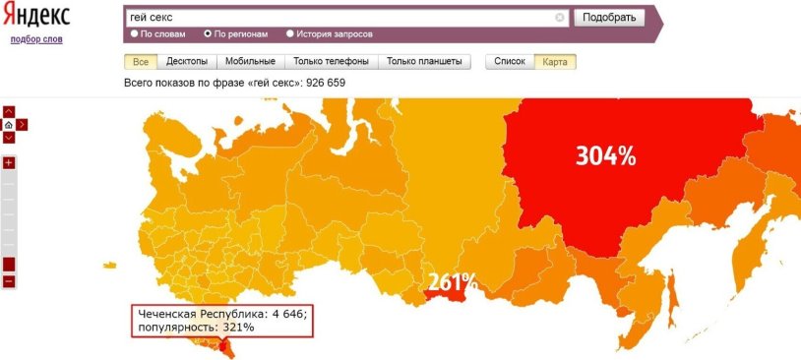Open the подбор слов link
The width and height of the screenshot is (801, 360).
[x=35, y=39]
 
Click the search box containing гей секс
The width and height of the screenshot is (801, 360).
[x=339, y=17]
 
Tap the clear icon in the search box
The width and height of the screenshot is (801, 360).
[x=560, y=17]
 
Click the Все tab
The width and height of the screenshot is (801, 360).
[x=139, y=61]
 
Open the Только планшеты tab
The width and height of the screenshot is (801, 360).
[x=424, y=61]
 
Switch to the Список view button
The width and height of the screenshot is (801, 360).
[x=510, y=61]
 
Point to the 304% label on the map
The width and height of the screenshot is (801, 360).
[x=605, y=155]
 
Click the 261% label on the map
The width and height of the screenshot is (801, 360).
[x=452, y=282]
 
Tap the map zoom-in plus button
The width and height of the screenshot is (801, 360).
[x=9, y=162]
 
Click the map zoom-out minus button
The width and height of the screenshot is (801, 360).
[x=9, y=281]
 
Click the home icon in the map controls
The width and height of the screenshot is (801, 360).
[x=9, y=125]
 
